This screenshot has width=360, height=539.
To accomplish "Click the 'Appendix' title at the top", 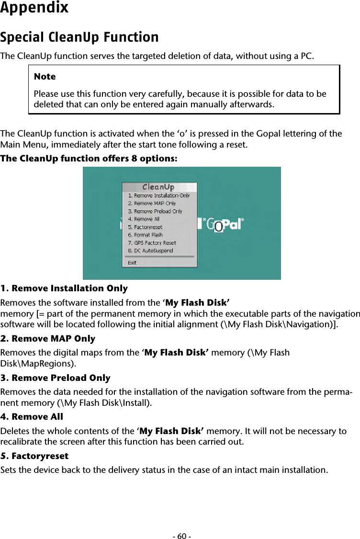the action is (x=34, y=8).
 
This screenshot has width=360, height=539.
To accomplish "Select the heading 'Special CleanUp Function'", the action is (x=79, y=37).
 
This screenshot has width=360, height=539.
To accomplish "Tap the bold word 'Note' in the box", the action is (x=45, y=77).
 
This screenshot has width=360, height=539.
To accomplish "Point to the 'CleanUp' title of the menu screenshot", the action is (x=158, y=187).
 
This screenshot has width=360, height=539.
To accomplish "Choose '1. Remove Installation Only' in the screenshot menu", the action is (x=158, y=195).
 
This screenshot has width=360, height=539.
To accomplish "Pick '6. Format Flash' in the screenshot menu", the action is (x=146, y=235).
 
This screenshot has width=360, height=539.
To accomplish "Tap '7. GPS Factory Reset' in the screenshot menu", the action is (x=152, y=243).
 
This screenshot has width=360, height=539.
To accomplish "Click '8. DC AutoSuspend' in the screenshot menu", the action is (x=150, y=251).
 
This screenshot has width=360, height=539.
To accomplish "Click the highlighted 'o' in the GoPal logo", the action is (x=218, y=226).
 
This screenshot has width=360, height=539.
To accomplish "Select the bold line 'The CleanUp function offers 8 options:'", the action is (x=89, y=159).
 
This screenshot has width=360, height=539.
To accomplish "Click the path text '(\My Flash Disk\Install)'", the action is (x=111, y=402).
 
